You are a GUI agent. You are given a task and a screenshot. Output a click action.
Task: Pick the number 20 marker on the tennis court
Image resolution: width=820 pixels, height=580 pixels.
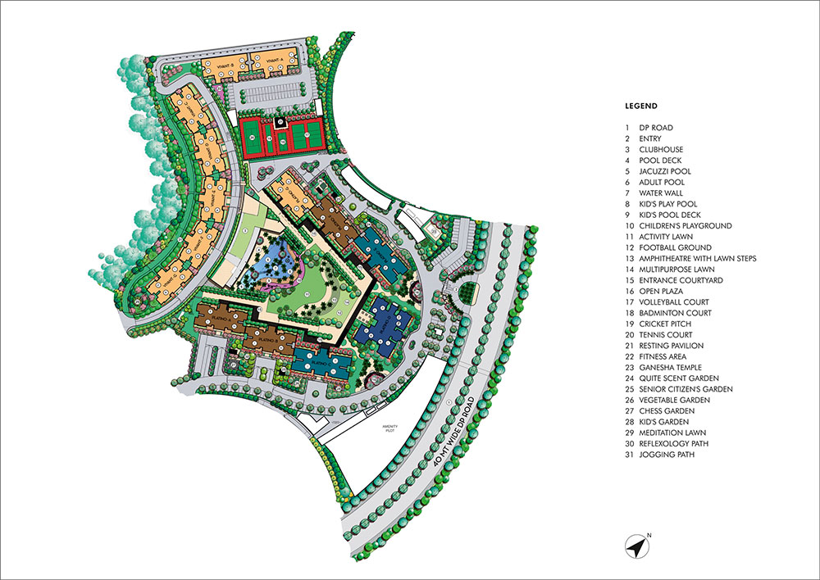tap(253, 137)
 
